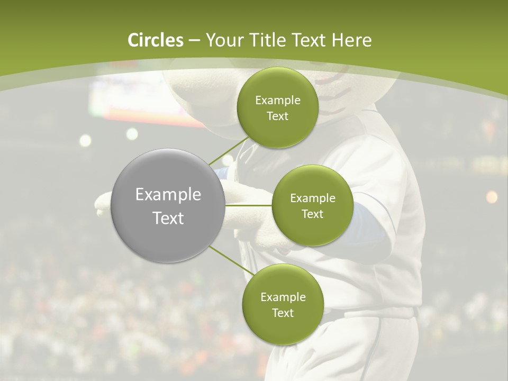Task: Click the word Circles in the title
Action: (x=156, y=40)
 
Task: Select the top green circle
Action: (x=277, y=107)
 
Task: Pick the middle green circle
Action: (x=313, y=205)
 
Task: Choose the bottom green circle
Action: (x=283, y=304)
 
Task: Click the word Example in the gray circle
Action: (x=168, y=195)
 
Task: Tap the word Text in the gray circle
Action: (x=168, y=218)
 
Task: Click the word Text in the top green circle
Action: (x=277, y=116)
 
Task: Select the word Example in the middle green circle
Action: (x=313, y=198)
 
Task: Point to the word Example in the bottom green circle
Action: (x=283, y=297)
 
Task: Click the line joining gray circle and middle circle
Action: (x=249, y=205)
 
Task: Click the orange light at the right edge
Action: (x=492, y=197)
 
